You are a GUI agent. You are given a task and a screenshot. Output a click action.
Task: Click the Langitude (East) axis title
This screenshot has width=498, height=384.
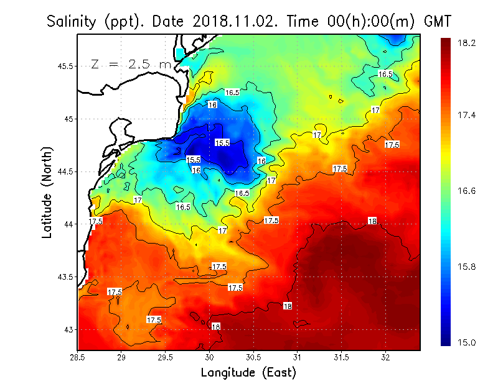pos(248,372)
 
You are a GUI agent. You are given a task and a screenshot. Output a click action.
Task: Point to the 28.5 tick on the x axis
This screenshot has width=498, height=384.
pos(77,357)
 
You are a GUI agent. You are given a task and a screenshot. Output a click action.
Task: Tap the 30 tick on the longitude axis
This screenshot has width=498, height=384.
pos(210,357)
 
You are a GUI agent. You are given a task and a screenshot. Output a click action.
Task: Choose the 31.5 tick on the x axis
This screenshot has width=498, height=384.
pos(342,357)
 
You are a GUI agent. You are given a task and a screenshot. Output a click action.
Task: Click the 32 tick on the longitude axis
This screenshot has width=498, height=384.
pos(386,357)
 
